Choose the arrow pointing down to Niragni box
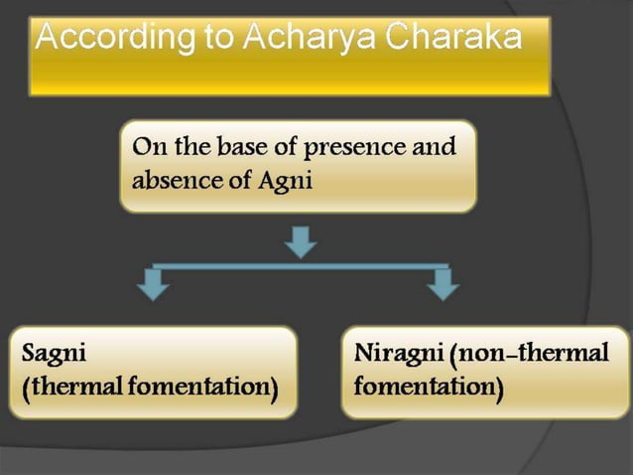tap(442, 284)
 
